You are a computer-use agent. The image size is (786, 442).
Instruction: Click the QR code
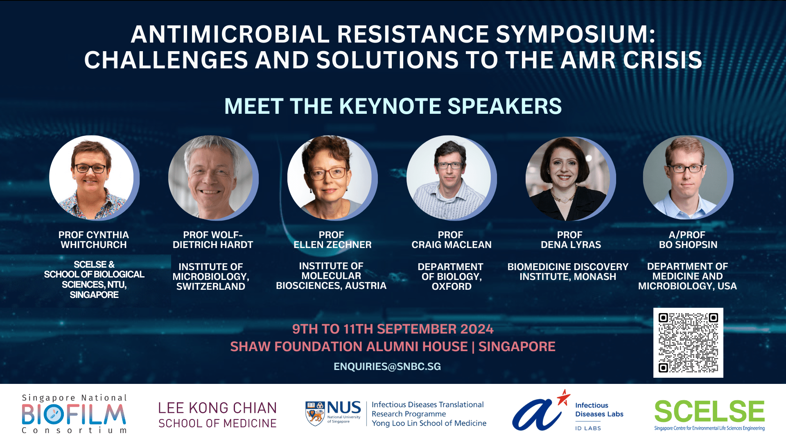(x=688, y=343)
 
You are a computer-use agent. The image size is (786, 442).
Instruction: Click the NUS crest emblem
(x=315, y=413)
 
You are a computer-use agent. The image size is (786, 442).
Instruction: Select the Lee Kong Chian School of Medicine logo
(x=217, y=415)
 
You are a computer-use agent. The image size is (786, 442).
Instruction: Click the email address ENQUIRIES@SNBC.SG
(x=387, y=366)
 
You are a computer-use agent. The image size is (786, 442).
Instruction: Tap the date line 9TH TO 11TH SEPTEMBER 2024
(x=393, y=329)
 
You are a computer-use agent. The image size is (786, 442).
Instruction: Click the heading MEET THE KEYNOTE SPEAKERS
(x=393, y=106)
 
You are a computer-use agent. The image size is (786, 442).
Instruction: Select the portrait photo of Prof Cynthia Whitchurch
(x=92, y=178)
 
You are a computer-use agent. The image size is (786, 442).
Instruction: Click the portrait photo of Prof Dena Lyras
(x=568, y=179)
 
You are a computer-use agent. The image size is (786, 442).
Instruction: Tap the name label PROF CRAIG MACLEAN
(x=451, y=240)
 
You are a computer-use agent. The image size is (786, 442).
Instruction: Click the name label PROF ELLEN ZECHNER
(x=332, y=240)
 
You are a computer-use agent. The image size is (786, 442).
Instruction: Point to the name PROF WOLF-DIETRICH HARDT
(x=213, y=240)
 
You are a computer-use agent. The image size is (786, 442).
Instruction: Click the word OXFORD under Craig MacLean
(x=452, y=286)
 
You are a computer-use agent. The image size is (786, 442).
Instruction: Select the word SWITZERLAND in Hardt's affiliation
(x=211, y=286)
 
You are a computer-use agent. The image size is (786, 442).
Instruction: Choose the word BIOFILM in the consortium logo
(x=74, y=414)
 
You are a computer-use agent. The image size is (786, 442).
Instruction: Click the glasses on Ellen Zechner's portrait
(x=329, y=174)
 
